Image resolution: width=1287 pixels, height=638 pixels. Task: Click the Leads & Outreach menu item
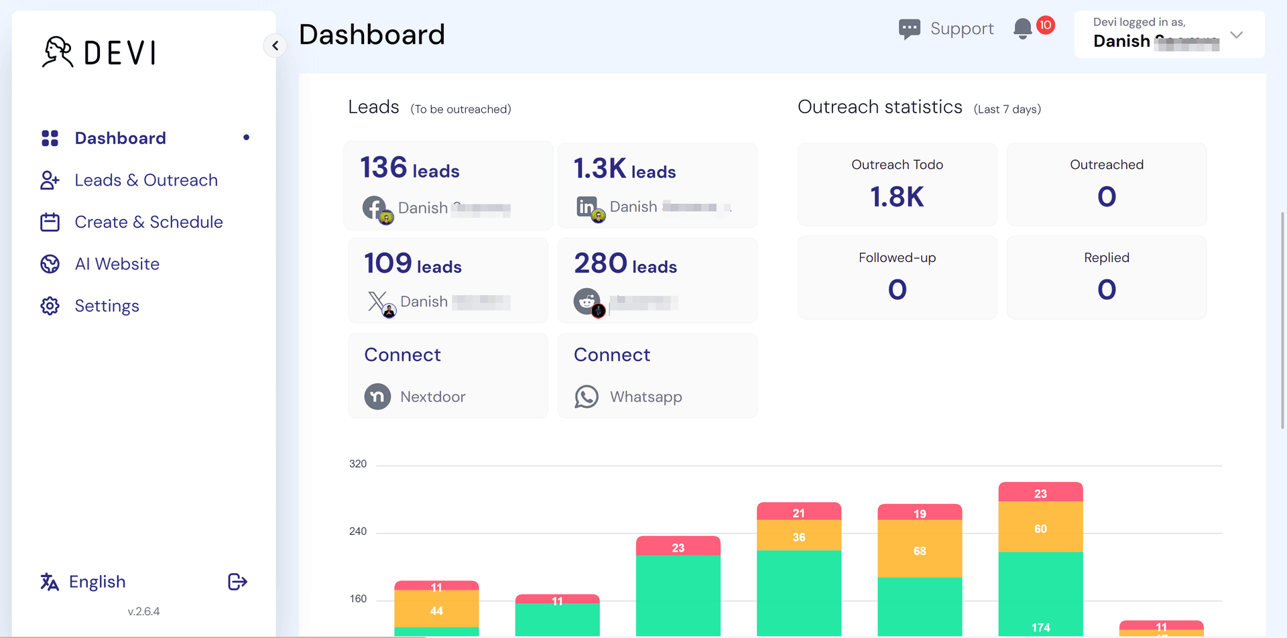tap(146, 180)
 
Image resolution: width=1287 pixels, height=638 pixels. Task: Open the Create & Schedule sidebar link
tap(148, 222)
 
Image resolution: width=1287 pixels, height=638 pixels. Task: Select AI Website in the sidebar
tap(117, 264)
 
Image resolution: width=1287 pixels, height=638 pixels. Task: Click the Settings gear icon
tap(50, 306)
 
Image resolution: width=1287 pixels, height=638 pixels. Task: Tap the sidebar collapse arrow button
tap(275, 46)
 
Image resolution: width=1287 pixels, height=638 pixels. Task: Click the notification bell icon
tap(1022, 29)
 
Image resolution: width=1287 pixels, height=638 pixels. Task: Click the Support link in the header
tap(947, 29)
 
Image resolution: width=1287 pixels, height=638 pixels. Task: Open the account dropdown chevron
tap(1237, 35)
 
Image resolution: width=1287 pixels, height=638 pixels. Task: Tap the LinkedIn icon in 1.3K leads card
tap(587, 206)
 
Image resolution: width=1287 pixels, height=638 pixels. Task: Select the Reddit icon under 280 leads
tap(587, 302)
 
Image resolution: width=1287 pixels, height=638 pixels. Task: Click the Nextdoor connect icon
tap(377, 397)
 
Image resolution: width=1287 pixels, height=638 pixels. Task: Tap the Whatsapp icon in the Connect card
tap(587, 397)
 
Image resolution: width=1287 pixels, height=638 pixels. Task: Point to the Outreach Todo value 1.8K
tap(897, 197)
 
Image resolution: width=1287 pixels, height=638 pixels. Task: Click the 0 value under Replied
tap(1107, 290)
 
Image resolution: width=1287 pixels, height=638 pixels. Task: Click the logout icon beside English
tap(237, 582)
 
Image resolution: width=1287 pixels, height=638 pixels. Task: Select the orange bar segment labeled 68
tap(920, 550)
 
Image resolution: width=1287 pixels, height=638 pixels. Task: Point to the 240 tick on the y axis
tap(358, 531)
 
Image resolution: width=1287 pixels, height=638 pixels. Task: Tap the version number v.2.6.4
tap(143, 611)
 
